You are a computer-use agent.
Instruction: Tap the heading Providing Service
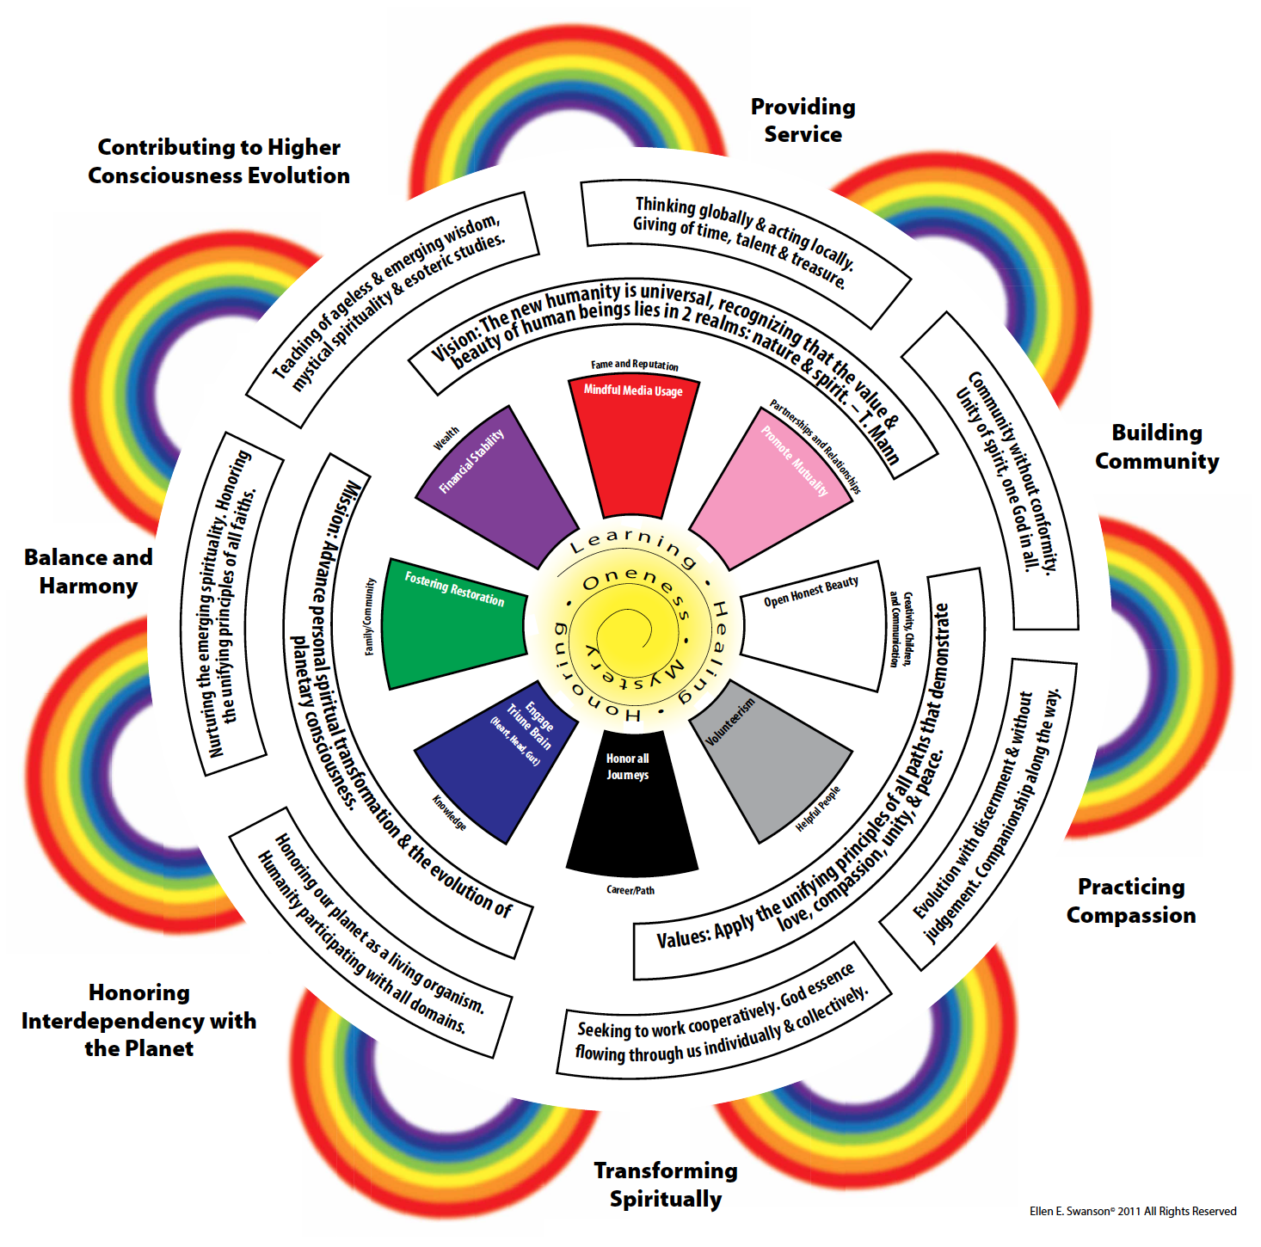(803, 120)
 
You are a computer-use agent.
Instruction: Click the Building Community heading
(1156, 446)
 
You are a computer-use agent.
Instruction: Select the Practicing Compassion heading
(1131, 900)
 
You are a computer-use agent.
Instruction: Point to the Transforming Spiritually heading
(665, 1184)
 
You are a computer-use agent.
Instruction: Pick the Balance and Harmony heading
(88, 571)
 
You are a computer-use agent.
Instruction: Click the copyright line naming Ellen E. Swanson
(1132, 1211)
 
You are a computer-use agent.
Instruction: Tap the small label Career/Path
(630, 890)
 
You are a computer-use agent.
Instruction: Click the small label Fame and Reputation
(634, 365)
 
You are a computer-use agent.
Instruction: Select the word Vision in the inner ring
(454, 346)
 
